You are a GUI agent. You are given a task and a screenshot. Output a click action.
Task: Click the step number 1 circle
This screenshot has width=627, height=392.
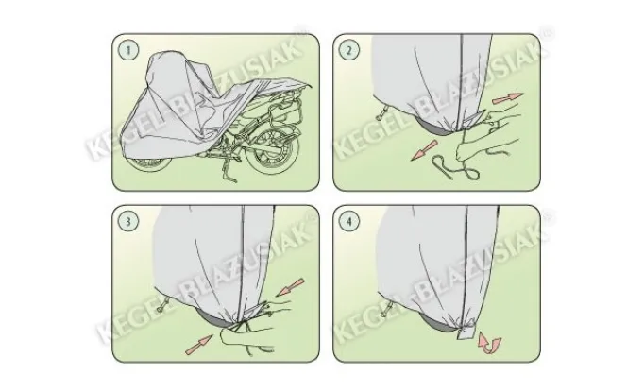click(128, 50)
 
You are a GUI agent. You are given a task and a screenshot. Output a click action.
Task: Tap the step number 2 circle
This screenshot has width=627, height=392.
click(349, 50)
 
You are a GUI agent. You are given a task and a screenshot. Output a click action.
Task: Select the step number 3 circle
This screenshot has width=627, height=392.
click(128, 221)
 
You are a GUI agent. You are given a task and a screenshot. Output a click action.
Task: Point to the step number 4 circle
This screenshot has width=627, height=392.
click(349, 221)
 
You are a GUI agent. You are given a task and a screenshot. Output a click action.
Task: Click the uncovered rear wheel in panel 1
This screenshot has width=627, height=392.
click(272, 151)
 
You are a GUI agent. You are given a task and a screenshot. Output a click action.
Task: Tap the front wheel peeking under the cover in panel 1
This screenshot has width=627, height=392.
click(151, 164)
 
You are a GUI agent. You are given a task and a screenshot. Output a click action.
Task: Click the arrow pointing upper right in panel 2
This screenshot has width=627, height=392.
click(507, 98)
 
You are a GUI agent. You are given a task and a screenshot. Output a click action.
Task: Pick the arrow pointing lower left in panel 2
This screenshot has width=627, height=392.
click(424, 150)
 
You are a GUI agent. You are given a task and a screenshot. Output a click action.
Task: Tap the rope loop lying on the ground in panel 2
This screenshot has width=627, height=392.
click(456, 168)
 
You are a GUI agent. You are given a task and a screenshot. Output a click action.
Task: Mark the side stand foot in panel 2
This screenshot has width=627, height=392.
click(380, 114)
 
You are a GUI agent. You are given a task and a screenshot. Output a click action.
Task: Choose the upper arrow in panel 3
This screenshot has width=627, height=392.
click(290, 287)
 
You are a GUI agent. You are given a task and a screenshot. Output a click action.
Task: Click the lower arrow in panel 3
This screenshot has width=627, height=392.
click(198, 345)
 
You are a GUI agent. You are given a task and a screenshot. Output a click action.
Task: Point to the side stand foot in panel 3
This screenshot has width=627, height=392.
click(162, 306)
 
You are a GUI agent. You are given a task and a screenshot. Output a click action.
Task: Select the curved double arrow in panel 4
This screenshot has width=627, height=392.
click(489, 343)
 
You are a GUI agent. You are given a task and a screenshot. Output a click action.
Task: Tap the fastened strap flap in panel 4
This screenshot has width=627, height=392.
click(466, 330)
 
